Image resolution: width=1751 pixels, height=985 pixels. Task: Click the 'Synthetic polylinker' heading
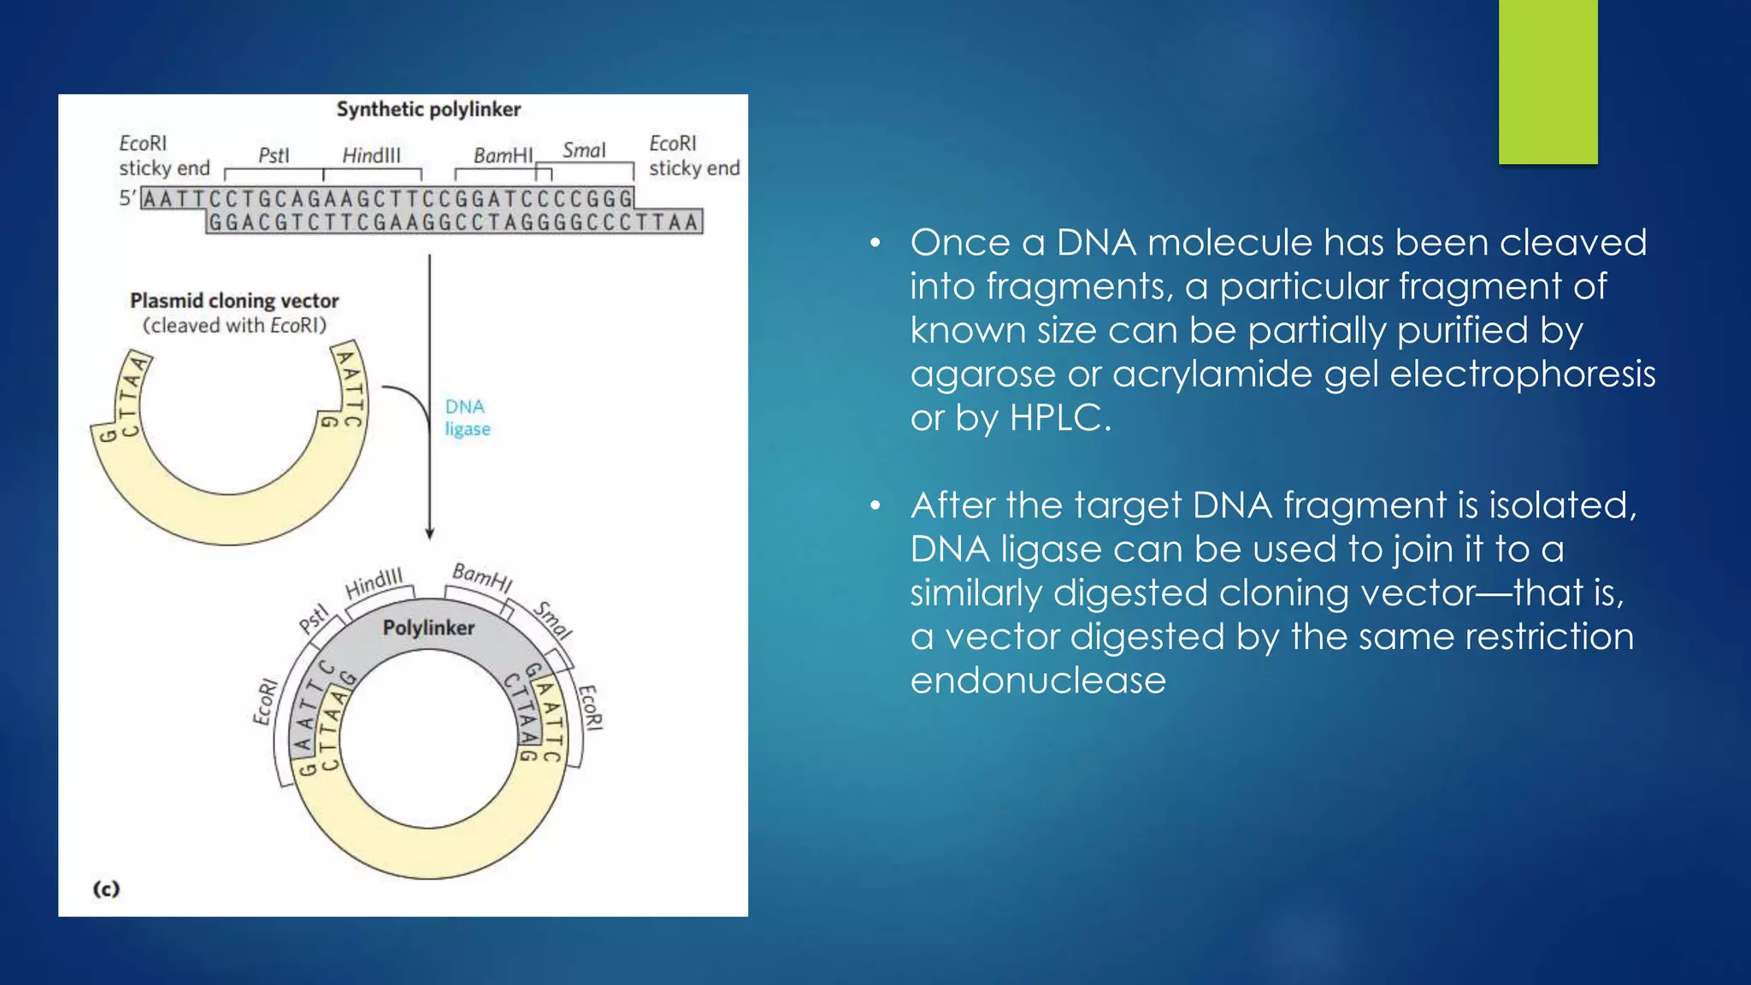point(428,109)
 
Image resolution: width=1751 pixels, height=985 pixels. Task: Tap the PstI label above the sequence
point(274,156)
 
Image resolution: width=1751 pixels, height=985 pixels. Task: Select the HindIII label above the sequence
point(371,156)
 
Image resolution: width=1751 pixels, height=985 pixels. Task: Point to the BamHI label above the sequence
point(503,156)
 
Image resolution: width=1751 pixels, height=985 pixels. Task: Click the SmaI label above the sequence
point(584,150)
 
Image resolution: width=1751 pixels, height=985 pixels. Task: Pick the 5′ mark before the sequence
point(127,198)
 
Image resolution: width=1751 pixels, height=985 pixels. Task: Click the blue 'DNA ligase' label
point(467,417)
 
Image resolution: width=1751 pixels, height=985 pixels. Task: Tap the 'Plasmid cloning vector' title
point(234,301)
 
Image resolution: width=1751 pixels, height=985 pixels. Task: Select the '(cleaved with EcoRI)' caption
point(234,326)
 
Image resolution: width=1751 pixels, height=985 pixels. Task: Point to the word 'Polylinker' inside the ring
point(428,628)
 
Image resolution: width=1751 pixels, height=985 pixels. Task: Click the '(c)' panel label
point(106,889)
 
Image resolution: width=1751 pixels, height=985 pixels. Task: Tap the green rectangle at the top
point(1548,81)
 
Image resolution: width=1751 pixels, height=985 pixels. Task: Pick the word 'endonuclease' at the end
point(1038,681)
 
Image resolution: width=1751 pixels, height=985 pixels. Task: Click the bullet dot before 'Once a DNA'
point(875,244)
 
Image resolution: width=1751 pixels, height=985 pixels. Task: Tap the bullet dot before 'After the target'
point(875,506)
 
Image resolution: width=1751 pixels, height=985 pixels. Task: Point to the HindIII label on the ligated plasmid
point(374,584)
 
